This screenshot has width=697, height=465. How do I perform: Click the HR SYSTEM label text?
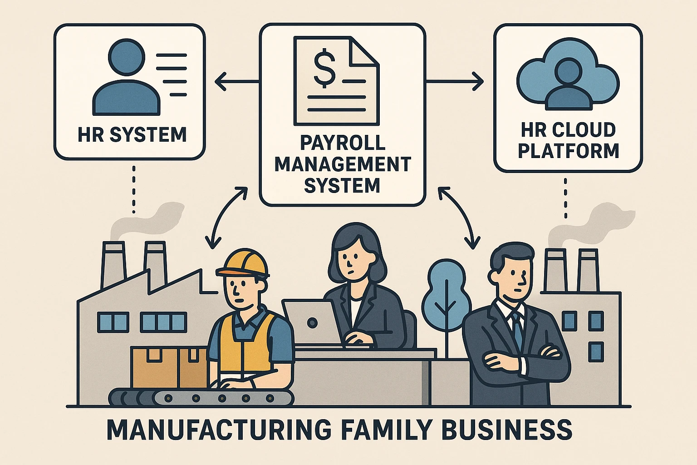132,135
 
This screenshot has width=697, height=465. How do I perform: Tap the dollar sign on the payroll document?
324,69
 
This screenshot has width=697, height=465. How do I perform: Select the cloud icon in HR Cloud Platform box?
568,75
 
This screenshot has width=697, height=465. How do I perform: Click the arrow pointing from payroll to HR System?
236,82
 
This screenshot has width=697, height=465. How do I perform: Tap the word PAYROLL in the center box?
343,143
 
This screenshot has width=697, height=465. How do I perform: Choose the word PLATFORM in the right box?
569,151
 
